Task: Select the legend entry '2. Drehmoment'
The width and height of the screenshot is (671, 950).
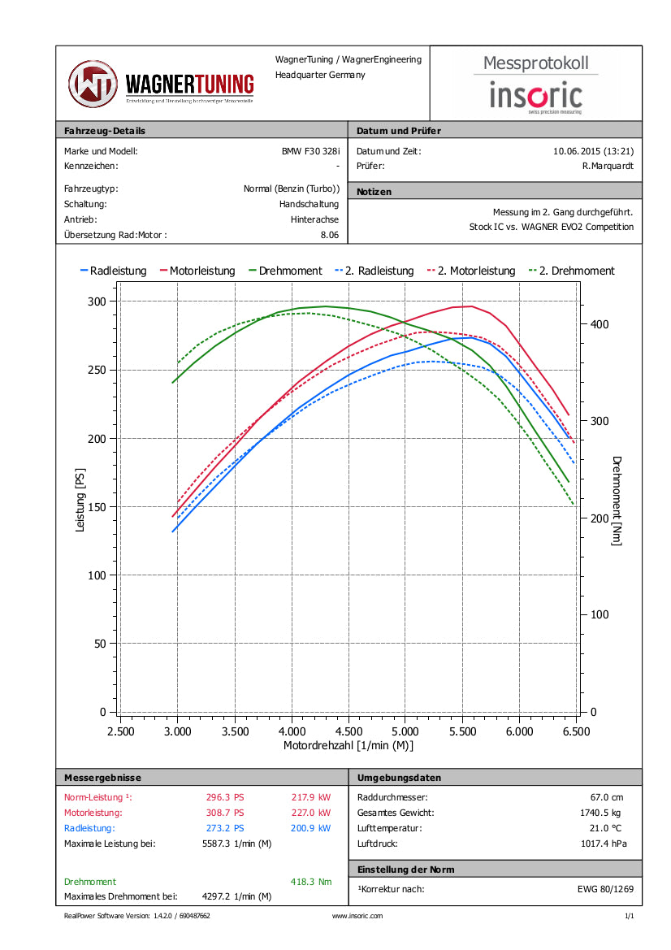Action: click(x=572, y=271)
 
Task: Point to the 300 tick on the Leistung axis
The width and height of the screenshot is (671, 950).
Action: click(x=97, y=301)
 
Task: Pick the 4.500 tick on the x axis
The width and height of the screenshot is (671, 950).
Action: click(x=348, y=731)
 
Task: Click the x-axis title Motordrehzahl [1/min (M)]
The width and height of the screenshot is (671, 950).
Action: click(x=348, y=745)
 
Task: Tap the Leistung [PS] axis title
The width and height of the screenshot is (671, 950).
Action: click(x=80, y=500)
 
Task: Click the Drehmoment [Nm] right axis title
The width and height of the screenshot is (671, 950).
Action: click(x=617, y=500)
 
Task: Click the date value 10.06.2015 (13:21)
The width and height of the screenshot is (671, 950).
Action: click(x=593, y=151)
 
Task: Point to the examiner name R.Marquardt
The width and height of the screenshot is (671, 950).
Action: click(x=608, y=166)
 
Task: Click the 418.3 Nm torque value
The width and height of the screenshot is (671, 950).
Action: click(x=310, y=882)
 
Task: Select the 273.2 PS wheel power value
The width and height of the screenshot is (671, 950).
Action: click(x=225, y=828)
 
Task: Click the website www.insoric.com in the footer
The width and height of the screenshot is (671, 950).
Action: click(x=357, y=916)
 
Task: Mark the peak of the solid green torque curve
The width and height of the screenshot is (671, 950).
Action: click(x=326, y=306)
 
